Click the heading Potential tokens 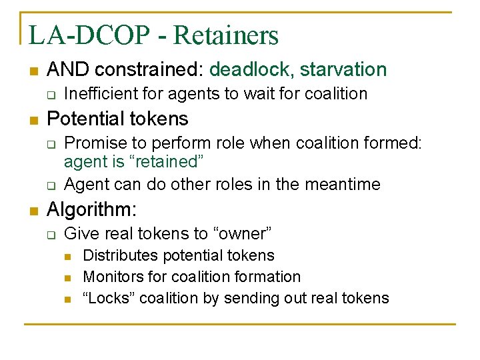(x=118, y=119)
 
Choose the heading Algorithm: (x=92, y=210)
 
